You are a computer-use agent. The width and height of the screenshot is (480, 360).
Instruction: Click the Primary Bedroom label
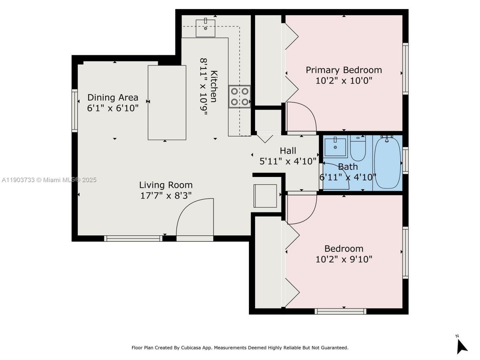pyautogui.click(x=343, y=70)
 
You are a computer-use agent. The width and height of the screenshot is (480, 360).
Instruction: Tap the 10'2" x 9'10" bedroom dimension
pyautogui.click(x=343, y=259)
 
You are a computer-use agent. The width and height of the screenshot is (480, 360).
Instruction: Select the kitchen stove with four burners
pyautogui.click(x=240, y=96)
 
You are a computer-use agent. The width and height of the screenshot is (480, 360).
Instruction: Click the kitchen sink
pyautogui.click(x=205, y=27)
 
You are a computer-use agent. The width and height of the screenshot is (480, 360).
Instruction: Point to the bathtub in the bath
pyautogui.click(x=387, y=163)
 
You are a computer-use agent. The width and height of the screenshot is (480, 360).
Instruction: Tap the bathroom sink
pyautogui.click(x=336, y=147)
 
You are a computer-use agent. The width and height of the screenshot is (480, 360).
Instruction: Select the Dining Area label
pyautogui.click(x=112, y=97)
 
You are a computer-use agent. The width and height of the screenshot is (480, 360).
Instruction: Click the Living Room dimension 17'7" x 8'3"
pyautogui.click(x=166, y=196)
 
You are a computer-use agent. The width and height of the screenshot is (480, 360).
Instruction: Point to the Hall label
pyautogui.click(x=288, y=151)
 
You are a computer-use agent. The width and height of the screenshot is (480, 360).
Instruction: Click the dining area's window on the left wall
pyautogui.click(x=75, y=110)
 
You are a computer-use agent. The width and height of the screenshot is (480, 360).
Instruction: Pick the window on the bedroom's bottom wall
pyautogui.click(x=340, y=311)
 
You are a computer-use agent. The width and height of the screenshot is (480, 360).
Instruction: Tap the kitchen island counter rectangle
pyautogui.click(x=167, y=102)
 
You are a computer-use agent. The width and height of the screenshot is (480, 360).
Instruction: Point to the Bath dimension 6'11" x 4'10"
pyautogui.click(x=348, y=177)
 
